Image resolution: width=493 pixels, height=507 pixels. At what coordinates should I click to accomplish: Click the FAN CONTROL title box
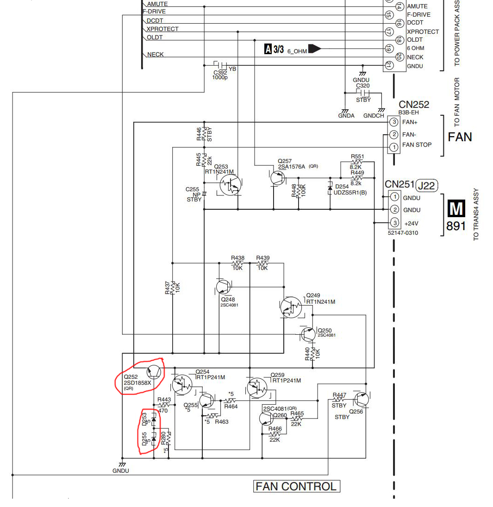(296, 486)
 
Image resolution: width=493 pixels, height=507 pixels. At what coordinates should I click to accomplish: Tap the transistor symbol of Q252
(154, 372)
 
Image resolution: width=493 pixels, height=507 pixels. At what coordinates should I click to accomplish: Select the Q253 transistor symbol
(230, 185)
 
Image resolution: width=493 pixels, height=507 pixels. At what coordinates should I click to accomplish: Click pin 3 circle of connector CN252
(394, 122)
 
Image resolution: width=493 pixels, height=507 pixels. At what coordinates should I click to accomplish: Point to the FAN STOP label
(417, 145)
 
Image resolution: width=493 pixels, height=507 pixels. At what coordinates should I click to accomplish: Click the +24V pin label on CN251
(411, 224)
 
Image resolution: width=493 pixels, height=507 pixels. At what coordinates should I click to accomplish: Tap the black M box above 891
(456, 208)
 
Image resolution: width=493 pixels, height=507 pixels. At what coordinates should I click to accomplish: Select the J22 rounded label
(426, 186)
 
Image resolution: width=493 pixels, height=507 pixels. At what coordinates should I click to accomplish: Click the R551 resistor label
(357, 156)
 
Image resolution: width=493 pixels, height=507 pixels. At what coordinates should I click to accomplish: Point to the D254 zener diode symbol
(330, 188)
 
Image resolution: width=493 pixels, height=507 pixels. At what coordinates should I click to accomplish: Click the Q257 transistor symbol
(278, 178)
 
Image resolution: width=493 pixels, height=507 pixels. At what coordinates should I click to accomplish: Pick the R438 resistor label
(237, 258)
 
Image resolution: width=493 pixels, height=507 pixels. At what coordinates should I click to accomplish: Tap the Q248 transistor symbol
(224, 287)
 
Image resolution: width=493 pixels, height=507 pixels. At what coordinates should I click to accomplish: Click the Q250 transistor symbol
(308, 334)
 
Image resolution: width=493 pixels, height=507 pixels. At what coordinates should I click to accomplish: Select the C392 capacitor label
(220, 73)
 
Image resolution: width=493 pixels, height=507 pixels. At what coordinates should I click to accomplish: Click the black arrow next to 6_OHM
(315, 49)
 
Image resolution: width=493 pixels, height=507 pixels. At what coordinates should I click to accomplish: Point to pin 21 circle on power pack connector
(389, 65)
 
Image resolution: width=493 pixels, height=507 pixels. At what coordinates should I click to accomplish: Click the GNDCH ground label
(374, 116)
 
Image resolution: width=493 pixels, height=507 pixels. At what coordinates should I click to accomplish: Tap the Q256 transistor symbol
(362, 400)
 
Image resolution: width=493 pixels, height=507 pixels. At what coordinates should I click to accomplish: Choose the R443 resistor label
(164, 400)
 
